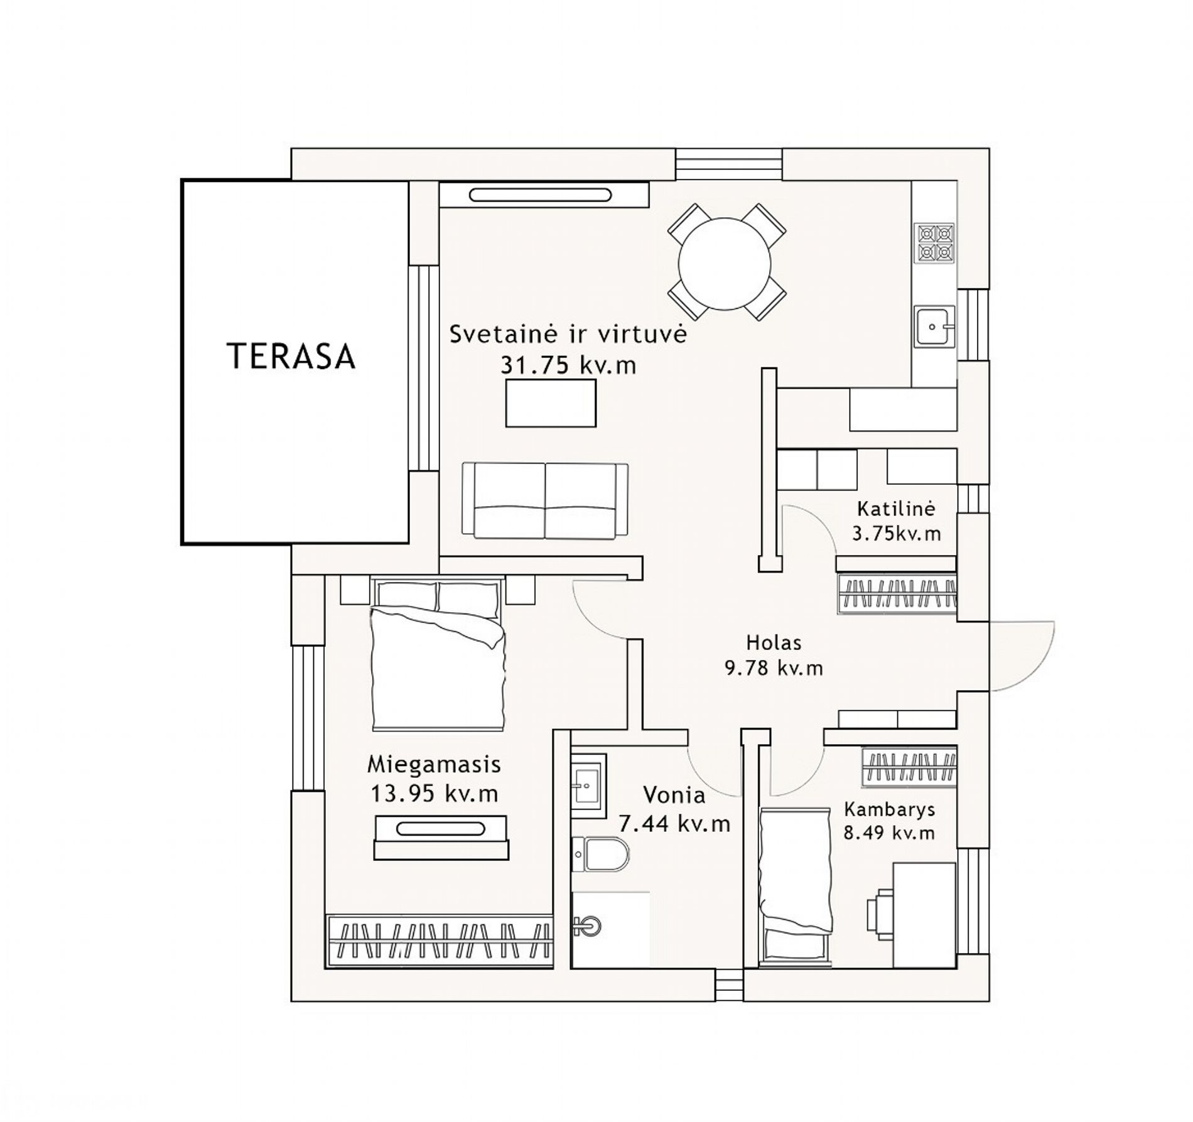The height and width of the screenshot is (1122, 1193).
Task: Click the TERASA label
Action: [x=291, y=355]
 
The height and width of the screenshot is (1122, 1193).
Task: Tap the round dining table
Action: [x=725, y=264]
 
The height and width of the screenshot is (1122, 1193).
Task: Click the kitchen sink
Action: [x=934, y=326]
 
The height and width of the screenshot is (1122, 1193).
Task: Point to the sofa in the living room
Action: [x=545, y=500]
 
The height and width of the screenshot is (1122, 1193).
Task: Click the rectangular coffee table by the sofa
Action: [x=551, y=403]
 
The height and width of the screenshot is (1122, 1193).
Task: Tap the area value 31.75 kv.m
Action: [x=568, y=365]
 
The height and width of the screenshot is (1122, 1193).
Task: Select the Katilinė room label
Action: [x=897, y=507]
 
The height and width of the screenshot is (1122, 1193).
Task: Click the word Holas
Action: [x=774, y=642]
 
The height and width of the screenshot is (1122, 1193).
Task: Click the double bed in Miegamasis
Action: [x=438, y=655]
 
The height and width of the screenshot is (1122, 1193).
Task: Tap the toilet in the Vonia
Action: [x=600, y=855]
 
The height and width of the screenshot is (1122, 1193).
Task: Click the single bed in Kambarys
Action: [x=794, y=886]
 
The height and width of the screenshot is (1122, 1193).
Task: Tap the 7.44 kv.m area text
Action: [x=675, y=823]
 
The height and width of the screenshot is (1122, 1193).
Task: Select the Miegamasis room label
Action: [x=434, y=765]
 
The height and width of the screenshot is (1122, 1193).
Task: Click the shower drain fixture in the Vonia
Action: [x=588, y=925]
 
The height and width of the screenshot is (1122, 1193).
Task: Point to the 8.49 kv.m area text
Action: [x=890, y=833]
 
